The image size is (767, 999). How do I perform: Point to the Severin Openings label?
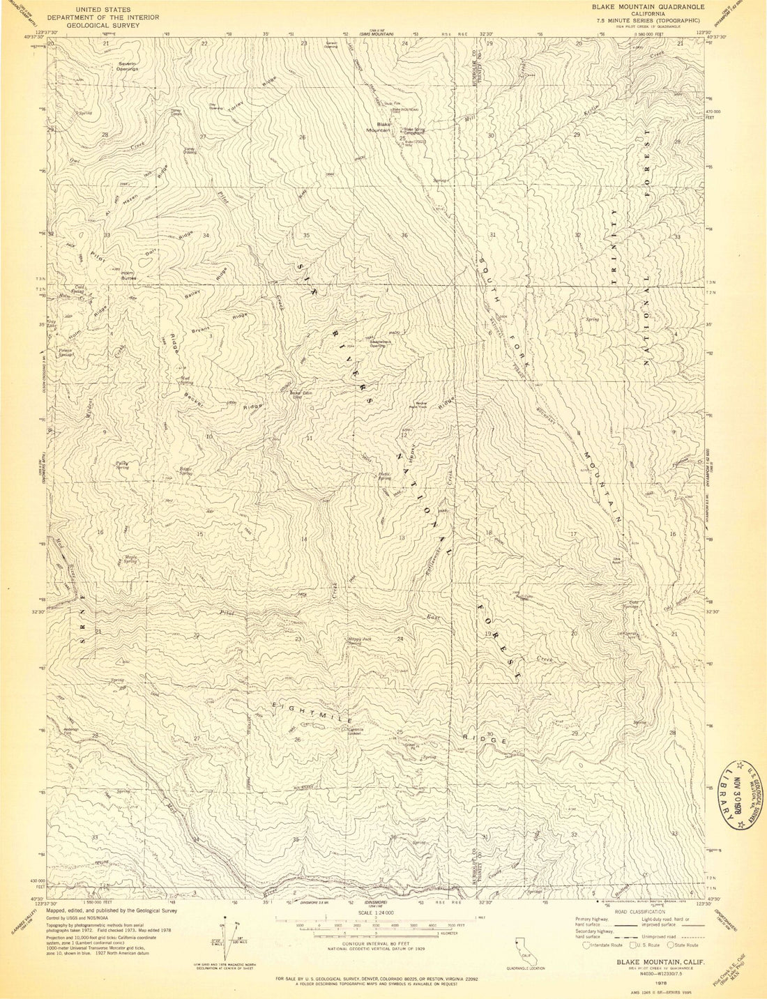coord(127,67)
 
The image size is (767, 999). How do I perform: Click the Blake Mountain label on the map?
coord(379,127)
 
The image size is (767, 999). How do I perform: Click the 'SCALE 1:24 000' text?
coord(375,913)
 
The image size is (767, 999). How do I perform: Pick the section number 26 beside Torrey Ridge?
coord(302,137)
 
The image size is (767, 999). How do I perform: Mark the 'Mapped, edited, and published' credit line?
coord(112,910)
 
